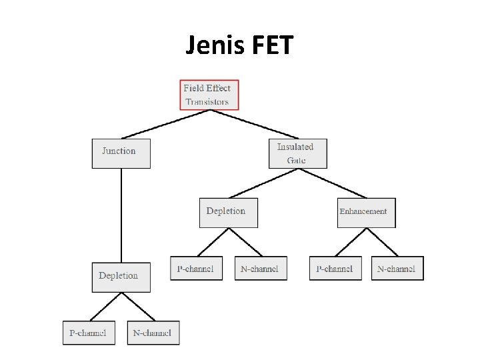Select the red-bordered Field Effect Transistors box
pos(209,95)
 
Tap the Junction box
pos(121,153)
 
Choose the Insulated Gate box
pos(297,153)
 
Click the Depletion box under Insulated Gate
pos(228,212)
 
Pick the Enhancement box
pos(366,212)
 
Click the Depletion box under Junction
pos(121,277)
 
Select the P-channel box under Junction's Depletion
pos(89,333)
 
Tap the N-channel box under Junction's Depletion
pos(153,333)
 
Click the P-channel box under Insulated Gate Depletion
pos(196,268)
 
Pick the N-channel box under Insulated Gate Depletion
pos(261,268)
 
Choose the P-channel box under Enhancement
pos(335,268)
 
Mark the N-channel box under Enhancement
pos(397,268)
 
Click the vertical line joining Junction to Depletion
pos(121,213)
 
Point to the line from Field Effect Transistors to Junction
pos(166,124)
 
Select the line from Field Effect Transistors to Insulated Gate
pos(253,124)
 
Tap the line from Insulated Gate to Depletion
pos(263,183)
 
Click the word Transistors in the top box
pos(207,102)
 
